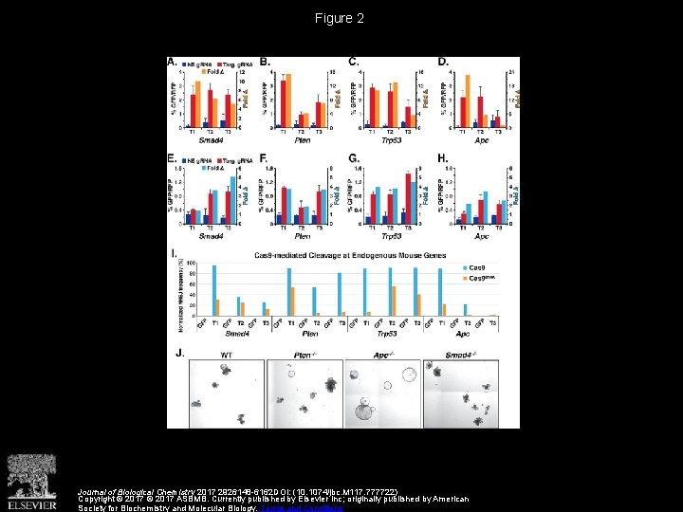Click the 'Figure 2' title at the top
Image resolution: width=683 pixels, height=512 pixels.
coord(341,18)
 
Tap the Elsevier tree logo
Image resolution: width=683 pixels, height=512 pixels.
coord(32,478)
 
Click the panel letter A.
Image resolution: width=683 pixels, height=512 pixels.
coord(172,62)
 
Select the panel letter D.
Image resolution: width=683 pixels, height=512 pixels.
coord(443,62)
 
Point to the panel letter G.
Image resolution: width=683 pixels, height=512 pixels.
coord(354,158)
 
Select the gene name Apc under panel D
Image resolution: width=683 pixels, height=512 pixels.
coord(482,140)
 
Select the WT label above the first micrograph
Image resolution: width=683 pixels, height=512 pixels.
coord(227,355)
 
